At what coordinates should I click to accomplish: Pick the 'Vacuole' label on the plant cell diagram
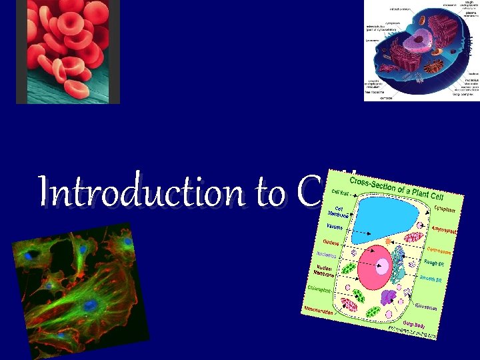click(335, 227)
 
